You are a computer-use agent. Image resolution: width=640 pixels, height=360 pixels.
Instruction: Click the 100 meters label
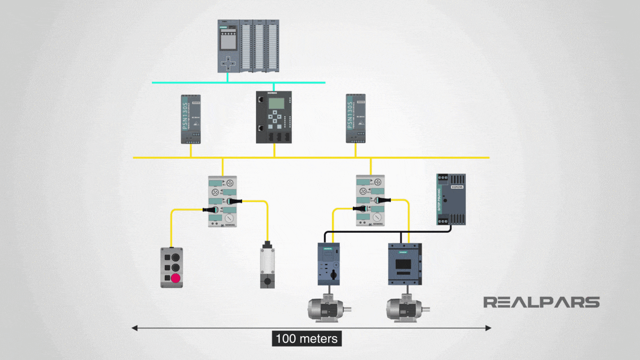(307, 338)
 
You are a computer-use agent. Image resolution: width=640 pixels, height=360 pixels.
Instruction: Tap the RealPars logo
(541, 302)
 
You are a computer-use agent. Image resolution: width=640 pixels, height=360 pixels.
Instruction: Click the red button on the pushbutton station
(175, 278)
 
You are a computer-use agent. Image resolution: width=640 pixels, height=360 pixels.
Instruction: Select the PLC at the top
(248, 46)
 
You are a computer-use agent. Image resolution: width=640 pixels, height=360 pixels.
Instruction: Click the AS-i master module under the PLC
(274, 117)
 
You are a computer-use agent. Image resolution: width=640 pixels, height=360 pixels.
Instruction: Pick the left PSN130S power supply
(191, 119)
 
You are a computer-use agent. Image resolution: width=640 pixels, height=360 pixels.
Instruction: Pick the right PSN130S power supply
(356, 119)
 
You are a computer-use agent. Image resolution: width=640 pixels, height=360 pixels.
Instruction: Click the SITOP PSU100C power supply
(451, 199)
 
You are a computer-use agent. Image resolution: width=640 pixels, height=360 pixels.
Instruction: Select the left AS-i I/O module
(222, 201)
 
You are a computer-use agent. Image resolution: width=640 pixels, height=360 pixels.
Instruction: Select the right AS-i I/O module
(370, 201)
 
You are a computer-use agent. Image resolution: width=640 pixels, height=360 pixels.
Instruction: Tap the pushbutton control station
(171, 267)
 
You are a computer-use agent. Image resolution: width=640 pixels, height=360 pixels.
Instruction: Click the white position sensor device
(267, 264)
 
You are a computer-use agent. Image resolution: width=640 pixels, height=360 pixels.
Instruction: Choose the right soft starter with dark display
(405, 264)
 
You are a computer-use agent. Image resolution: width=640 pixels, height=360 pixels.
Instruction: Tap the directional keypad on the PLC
(229, 62)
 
